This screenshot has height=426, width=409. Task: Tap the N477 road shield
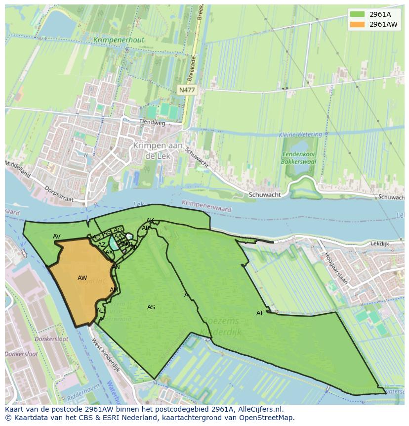tap(187, 90)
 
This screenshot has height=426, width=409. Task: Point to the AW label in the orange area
tap(82, 278)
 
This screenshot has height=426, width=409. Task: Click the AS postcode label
tap(151, 307)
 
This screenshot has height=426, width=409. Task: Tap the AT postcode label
tap(260, 313)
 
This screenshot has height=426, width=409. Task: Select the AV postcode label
tap(57, 237)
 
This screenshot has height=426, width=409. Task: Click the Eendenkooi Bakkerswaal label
tap(298, 157)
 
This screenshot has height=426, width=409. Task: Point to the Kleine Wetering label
tap(300, 135)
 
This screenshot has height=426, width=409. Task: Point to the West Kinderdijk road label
tap(106, 355)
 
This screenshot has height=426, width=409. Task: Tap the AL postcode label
tap(100, 311)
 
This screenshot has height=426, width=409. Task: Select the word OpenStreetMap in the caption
tap(266, 418)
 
